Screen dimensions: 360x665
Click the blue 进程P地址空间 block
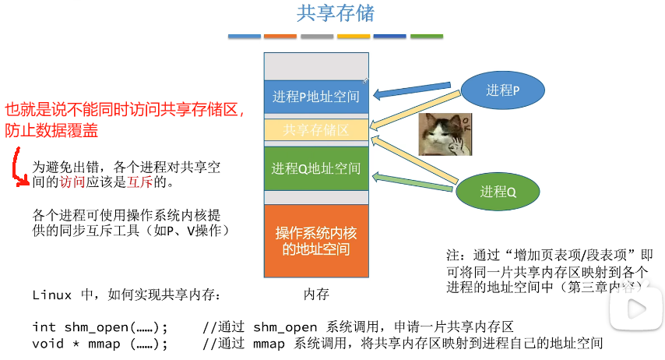pos(316,97)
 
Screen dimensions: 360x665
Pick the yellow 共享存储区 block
pos(316,130)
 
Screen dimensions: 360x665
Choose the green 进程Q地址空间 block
pos(316,168)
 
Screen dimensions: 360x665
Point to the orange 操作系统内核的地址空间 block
pos(316,241)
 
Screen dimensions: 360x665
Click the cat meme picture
pos(442,134)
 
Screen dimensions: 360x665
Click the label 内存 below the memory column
pos(316,295)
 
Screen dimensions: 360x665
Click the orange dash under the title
pos(280,37)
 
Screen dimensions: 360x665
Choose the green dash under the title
pos(427,37)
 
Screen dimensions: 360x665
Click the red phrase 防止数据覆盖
pos(51,131)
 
